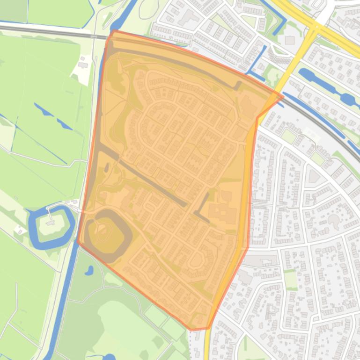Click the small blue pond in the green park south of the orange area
[x=89, y=270]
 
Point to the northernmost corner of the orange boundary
[x=114, y=31]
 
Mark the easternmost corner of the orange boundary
[x=283, y=97]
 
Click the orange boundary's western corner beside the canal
[x=78, y=242]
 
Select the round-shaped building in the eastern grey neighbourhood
[x=333, y=220]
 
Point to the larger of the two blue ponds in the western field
[x=44, y=110]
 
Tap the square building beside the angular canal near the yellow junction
[x=289, y=40]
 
